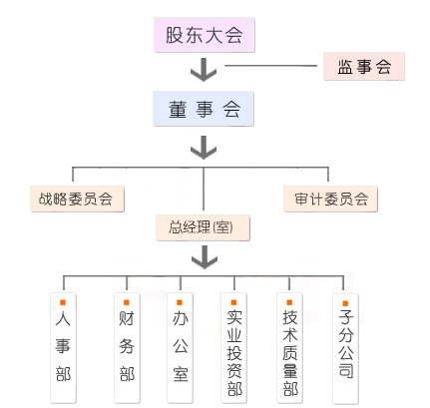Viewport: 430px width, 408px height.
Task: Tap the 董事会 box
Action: point(204,107)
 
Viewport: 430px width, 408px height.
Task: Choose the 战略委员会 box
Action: point(77,198)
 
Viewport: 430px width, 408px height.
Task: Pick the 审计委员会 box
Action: point(330,198)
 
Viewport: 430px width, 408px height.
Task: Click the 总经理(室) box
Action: point(203,228)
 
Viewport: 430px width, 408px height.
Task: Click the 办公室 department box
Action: point(181,346)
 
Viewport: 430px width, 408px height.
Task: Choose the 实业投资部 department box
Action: point(233,346)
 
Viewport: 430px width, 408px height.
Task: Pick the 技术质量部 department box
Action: point(289,346)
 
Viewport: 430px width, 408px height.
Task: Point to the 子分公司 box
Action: point(345,346)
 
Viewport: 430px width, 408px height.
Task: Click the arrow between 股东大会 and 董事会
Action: point(204,71)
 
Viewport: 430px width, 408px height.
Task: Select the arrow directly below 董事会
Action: point(204,148)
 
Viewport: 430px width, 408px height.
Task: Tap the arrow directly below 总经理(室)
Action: point(204,257)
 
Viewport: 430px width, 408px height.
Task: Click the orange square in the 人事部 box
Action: point(62,302)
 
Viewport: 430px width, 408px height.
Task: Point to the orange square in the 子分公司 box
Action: point(345,302)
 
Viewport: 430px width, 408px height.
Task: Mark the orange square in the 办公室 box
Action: point(181,302)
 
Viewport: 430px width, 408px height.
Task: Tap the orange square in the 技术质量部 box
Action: point(289,302)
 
